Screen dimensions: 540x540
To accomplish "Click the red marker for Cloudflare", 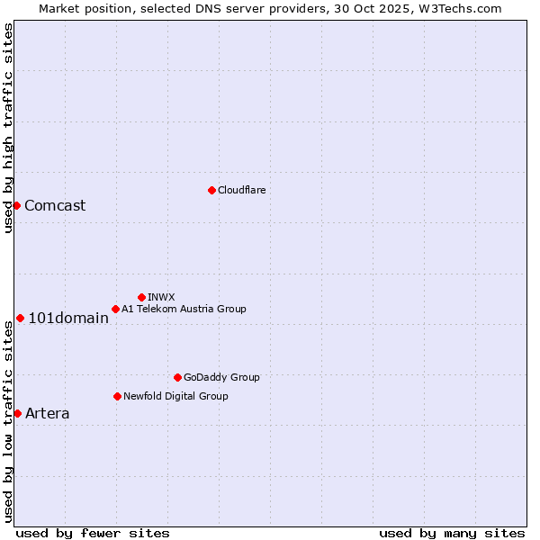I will click(211, 190).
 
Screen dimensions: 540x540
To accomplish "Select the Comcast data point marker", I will click(16, 205).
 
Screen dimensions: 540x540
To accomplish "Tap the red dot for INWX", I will click(141, 297).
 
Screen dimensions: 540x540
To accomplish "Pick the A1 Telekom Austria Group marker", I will click(115, 309).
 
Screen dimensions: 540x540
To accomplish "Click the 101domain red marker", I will click(20, 318).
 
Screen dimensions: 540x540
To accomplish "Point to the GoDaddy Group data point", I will click(177, 377).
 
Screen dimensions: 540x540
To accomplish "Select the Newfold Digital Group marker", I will click(117, 396).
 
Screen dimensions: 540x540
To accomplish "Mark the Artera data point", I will click(17, 413).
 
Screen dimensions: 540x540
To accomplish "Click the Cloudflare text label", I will click(241, 190).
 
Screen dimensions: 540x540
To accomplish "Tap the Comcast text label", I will click(55, 205).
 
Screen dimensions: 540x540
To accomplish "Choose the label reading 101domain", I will click(68, 318).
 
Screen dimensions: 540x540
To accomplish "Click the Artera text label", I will click(47, 414).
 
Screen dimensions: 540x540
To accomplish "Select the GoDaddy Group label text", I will click(221, 377).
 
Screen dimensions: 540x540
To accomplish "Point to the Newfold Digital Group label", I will click(175, 396).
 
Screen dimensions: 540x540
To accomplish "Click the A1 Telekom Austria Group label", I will click(184, 309).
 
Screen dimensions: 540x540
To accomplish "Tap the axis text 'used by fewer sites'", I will click(93, 533).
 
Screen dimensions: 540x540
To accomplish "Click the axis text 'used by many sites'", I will click(452, 533).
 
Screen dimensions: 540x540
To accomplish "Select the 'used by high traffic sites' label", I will click(8, 129).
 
